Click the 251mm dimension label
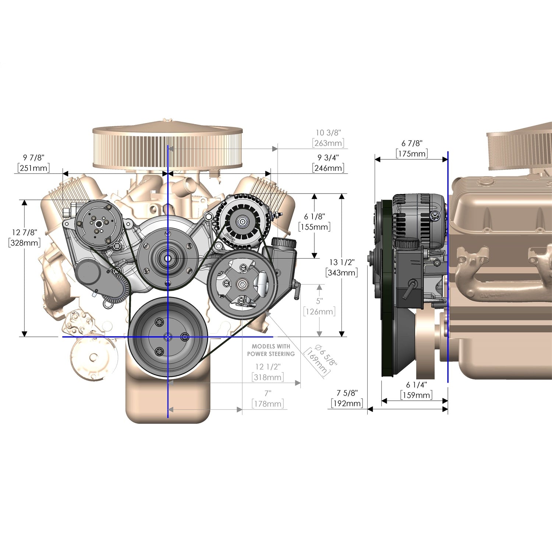point(33,168)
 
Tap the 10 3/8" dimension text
point(329,132)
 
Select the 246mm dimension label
point(329,168)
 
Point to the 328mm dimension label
point(24,243)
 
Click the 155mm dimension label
point(314,227)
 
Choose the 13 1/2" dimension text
point(342,262)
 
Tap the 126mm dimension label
point(319,312)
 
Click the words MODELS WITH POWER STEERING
point(271,350)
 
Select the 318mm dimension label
point(268,377)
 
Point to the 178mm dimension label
point(268,404)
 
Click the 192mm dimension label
point(347,403)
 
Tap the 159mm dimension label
point(417,395)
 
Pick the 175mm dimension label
point(412,153)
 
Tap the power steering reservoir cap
point(284,243)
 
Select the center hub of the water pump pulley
point(168,258)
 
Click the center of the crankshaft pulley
point(168,336)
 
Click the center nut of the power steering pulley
point(242,283)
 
